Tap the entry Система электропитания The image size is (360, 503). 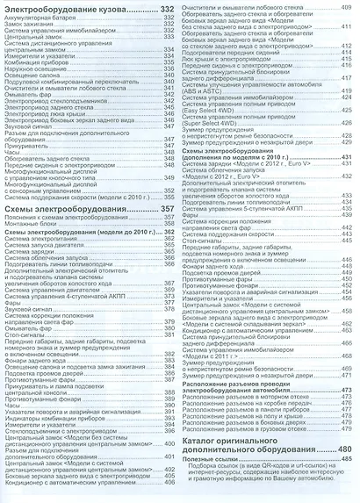pos(44,238)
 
